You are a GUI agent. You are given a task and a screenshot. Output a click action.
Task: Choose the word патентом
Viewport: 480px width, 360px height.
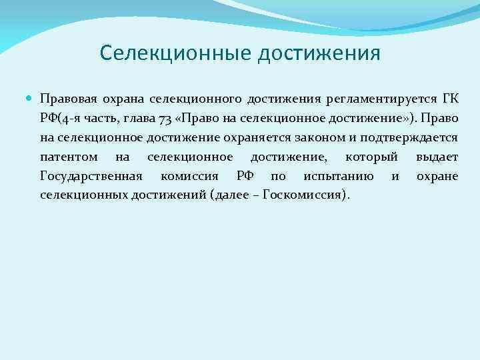(x=68, y=157)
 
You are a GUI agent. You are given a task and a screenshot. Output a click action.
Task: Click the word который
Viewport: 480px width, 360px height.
(x=371, y=157)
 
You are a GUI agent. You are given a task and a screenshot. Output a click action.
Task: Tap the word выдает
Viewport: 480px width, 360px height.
(x=437, y=157)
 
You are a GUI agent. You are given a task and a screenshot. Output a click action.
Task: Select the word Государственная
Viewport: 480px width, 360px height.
(x=91, y=176)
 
